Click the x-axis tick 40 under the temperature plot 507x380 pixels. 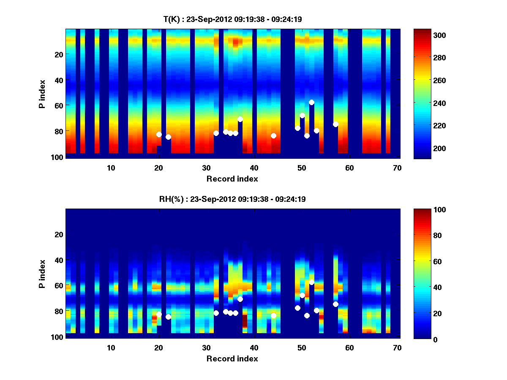tap(254, 168)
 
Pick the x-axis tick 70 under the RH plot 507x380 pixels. tap(397, 347)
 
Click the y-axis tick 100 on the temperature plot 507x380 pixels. tap(58, 157)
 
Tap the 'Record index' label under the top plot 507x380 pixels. tap(232, 179)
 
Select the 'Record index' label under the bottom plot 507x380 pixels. tap(232, 359)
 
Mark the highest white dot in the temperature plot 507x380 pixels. tap(311, 102)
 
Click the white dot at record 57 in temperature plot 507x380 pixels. tap(335, 124)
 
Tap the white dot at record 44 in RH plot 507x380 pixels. tap(273, 315)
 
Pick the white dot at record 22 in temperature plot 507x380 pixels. tap(168, 137)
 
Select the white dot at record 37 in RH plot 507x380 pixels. tap(240, 299)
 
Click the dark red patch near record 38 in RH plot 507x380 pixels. tap(245, 321)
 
